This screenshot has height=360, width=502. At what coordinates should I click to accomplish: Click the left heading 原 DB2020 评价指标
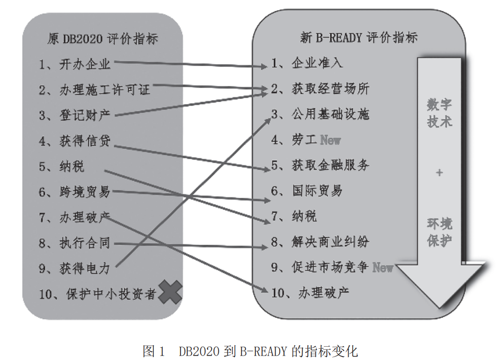tap(103, 39)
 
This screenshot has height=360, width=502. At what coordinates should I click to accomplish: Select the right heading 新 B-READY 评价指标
tap(359, 37)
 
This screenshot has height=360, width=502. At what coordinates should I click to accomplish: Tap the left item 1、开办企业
tap(74, 65)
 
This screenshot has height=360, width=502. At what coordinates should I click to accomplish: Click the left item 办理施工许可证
tap(105, 90)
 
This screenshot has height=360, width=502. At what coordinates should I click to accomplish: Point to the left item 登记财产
tap(85, 115)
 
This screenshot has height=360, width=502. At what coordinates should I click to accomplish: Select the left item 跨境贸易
tap(85, 192)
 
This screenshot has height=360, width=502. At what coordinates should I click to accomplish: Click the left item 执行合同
tap(85, 243)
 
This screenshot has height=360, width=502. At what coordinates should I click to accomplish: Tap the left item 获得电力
tap(85, 268)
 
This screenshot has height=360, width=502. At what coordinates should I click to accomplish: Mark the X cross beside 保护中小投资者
tap(170, 292)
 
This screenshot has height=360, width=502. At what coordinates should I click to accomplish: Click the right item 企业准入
tap(317, 63)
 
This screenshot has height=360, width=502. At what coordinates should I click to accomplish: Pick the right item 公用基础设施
tap(330, 114)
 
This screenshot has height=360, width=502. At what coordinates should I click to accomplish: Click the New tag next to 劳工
tap(330, 140)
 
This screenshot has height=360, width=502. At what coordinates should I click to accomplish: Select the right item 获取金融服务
tap(330, 165)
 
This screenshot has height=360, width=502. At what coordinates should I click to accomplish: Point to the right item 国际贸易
tap(317, 190)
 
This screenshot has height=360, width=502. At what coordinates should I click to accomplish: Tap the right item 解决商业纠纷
tap(330, 242)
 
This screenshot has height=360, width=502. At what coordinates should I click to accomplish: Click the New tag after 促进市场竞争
tap(383, 267)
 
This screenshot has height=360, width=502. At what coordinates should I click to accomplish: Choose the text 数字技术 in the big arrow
tap(439, 113)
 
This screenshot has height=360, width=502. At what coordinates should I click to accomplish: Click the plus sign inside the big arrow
tap(439, 173)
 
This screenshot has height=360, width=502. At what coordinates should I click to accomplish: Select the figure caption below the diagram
tap(251, 351)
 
